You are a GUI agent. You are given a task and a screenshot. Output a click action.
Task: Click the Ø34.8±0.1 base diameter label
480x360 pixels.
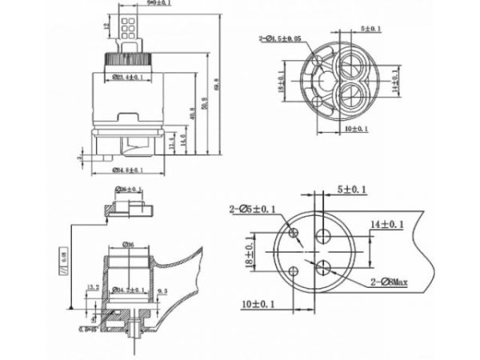(129, 170)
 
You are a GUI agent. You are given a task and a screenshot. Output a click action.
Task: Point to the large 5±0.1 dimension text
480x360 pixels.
(353, 189)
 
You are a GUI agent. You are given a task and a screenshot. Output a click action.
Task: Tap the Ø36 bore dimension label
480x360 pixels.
(128, 245)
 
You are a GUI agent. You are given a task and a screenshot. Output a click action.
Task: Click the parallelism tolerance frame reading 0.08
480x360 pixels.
(63, 258)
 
